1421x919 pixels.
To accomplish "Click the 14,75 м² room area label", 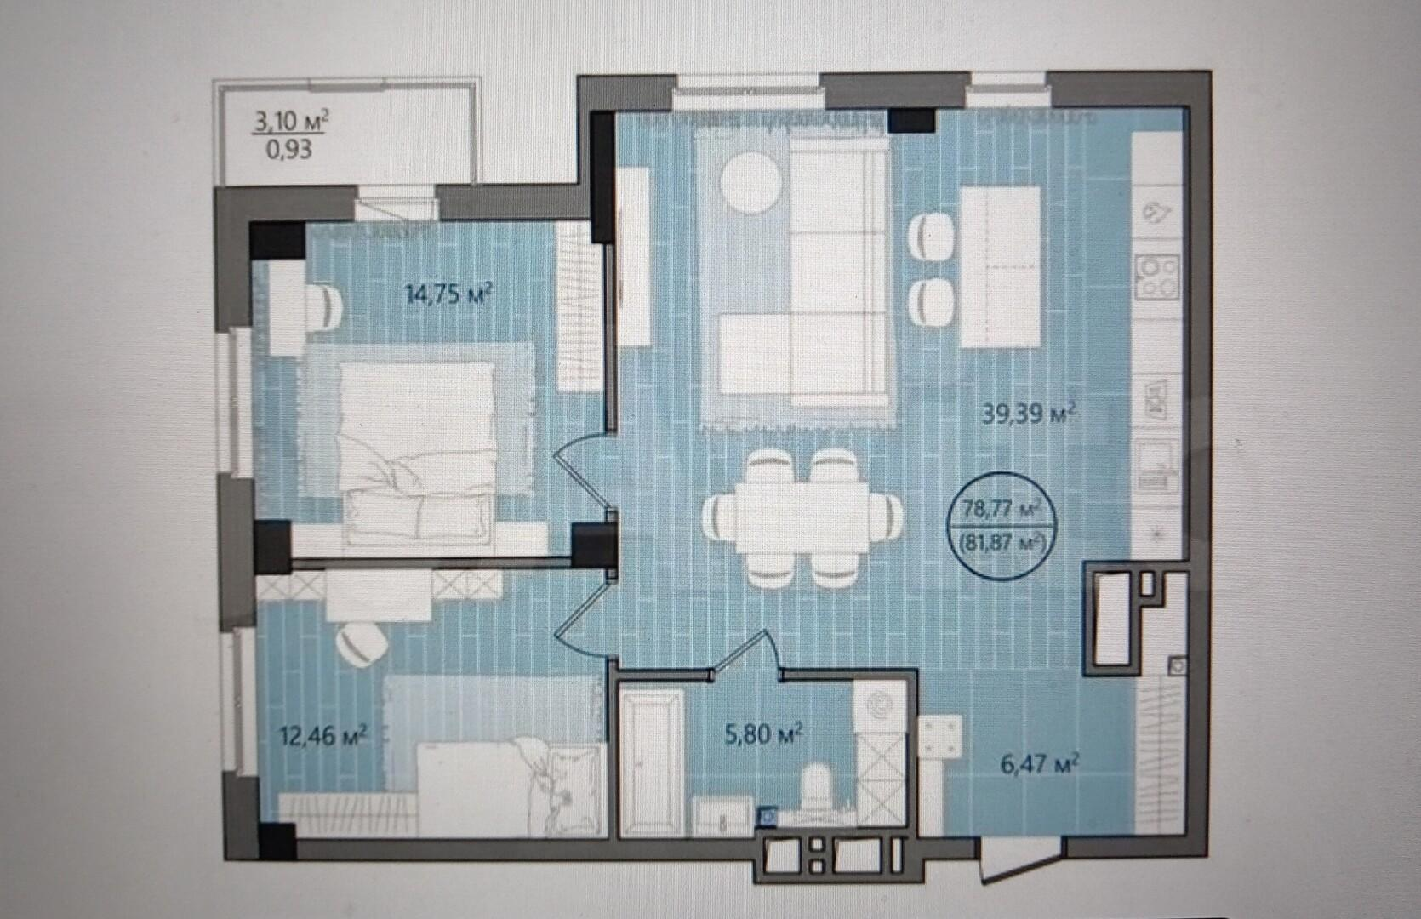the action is click(x=449, y=295).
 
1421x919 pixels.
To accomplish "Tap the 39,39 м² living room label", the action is click(x=1029, y=414).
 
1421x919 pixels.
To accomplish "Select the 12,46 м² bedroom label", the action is click(x=324, y=736).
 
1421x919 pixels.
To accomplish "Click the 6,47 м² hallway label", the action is click(x=1040, y=765).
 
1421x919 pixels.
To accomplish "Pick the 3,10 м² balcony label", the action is click(x=290, y=121).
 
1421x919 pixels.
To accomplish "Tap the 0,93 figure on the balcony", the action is click(x=289, y=150).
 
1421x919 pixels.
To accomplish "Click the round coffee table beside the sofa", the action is click(x=750, y=181).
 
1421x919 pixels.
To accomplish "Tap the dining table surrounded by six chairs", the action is click(x=802, y=518).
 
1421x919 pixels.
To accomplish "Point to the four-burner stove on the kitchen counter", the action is click(x=1157, y=277).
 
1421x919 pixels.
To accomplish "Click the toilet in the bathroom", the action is click(x=817, y=791).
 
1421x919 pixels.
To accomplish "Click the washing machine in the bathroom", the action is click(x=880, y=705).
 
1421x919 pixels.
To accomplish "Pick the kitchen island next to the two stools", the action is click(x=1001, y=267).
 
